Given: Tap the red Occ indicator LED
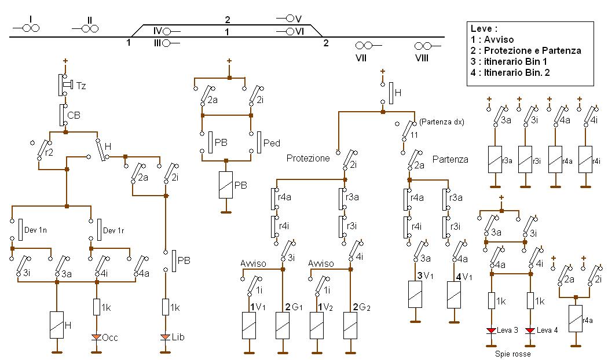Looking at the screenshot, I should (x=97, y=337).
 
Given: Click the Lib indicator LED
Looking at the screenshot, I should (x=166, y=337).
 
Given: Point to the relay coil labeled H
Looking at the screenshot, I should (x=56, y=324).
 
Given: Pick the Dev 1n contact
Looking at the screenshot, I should (x=20, y=230).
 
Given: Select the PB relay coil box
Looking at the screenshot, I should (x=226, y=185).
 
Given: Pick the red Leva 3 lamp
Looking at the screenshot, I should (x=491, y=330).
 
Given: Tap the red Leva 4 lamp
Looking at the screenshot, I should (x=529, y=330).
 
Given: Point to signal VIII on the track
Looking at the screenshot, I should (x=423, y=46).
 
